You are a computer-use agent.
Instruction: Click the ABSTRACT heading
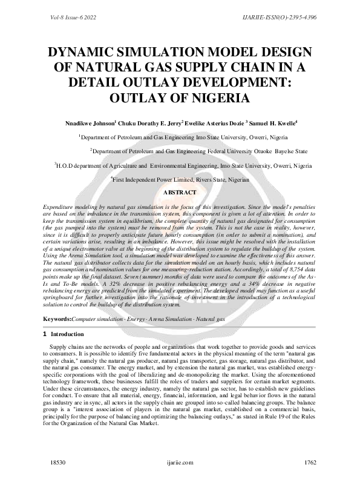click(180, 192)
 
